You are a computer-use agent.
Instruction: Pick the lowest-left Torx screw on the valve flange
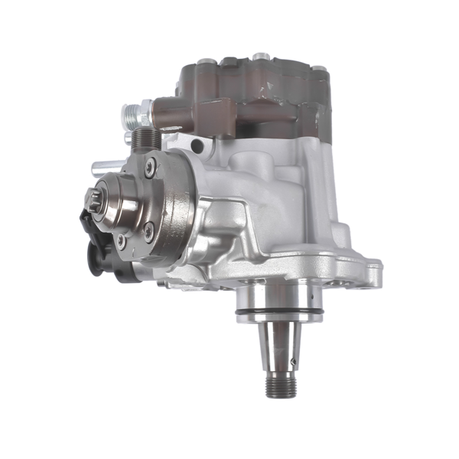tap(120, 241)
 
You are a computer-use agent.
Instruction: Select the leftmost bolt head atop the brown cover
tap(205, 60)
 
